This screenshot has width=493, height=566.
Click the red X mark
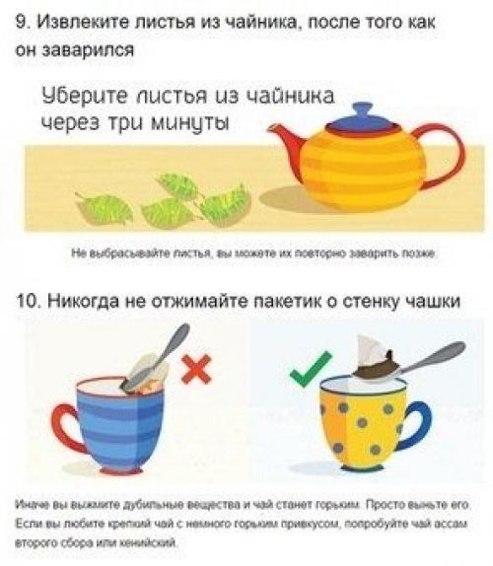[x=197, y=369]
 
